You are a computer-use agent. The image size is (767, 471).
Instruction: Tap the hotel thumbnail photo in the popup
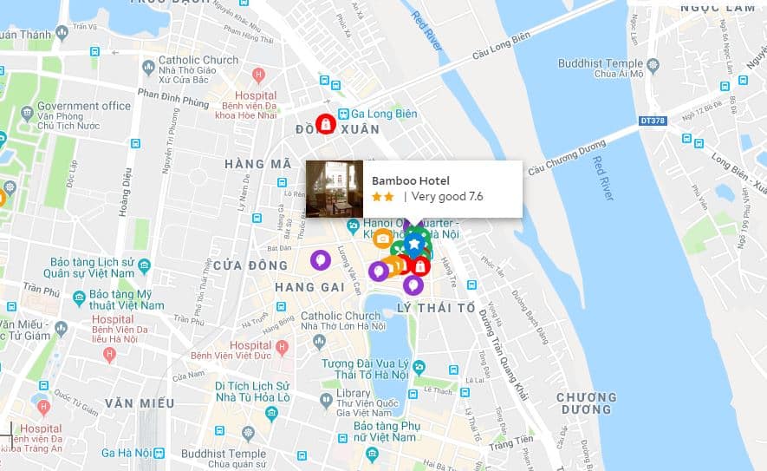click(335, 188)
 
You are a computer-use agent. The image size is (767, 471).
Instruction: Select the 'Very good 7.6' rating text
click(447, 197)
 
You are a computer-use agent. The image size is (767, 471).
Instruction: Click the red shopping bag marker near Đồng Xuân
click(325, 123)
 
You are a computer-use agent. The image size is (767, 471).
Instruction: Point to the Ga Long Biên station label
click(377, 114)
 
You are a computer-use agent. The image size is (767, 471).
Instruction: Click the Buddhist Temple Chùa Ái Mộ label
click(612, 69)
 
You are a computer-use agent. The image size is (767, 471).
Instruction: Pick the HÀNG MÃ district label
click(258, 164)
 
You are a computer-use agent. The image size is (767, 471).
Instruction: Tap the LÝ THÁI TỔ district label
click(435, 308)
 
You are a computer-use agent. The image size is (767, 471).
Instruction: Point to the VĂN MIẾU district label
click(140, 403)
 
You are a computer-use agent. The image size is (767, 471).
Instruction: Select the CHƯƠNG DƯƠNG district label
click(587, 403)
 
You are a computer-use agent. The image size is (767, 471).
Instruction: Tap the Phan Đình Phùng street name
click(173, 96)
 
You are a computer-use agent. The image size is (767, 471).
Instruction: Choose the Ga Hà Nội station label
click(127, 453)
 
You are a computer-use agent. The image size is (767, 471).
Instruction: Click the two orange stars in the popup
click(382, 197)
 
